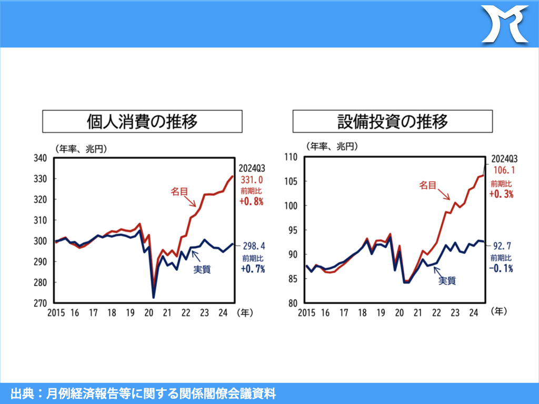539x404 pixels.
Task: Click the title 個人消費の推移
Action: pyautogui.click(x=142, y=122)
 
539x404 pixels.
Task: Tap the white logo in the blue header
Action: pyautogui.click(x=505, y=24)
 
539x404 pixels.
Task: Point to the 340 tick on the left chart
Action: pyautogui.click(x=41, y=158)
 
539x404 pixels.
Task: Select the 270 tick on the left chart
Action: pyautogui.click(x=41, y=304)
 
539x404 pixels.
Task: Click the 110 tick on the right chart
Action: pyautogui.click(x=291, y=157)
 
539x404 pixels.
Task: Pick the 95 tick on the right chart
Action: pyautogui.click(x=293, y=230)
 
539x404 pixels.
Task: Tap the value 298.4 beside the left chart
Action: pyautogui.click(x=253, y=246)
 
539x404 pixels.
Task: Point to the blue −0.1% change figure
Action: pyautogui.click(x=501, y=268)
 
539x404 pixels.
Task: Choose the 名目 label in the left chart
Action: pyautogui.click(x=178, y=192)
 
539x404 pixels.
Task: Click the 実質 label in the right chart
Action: pyautogui.click(x=447, y=281)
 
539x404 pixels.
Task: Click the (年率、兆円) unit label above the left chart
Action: pyautogui.click(x=81, y=149)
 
